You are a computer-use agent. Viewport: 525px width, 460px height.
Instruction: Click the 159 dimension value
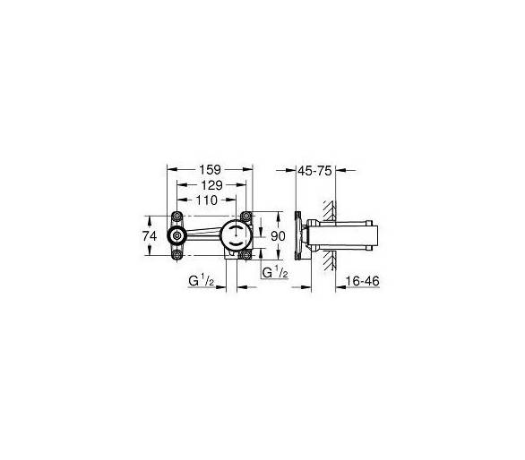pos(210,170)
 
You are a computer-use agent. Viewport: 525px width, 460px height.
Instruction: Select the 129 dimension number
pos(211,185)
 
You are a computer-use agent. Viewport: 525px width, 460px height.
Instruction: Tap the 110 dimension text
pos(207,200)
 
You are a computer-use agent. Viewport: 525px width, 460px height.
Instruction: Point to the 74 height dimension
pos(150,236)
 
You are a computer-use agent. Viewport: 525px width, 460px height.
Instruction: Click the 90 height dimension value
pos(278,236)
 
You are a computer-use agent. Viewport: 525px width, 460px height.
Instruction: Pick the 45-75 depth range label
pos(314,171)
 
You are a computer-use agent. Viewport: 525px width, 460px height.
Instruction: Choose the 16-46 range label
pos(363,281)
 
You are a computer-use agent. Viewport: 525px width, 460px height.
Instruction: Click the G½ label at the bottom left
pos(202,281)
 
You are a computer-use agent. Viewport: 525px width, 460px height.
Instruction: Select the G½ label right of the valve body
pos(275,272)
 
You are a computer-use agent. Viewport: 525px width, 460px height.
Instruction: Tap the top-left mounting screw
pos(176,217)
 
